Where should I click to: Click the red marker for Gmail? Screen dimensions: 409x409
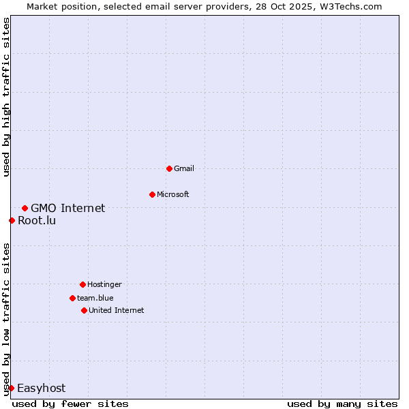click(169, 168)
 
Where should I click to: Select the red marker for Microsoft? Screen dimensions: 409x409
click(152, 194)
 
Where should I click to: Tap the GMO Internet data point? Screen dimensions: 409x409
click(25, 208)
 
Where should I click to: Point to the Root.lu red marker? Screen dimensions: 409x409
click(12, 220)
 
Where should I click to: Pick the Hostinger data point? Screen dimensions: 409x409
click(82, 284)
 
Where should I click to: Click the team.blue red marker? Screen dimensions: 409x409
click(72, 298)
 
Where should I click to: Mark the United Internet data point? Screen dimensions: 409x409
click(84, 310)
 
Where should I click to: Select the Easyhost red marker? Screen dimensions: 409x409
click(11, 388)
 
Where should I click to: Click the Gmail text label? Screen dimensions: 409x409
click(184, 168)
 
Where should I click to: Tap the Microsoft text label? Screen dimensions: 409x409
click(173, 194)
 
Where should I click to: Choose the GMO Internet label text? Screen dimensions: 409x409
click(68, 208)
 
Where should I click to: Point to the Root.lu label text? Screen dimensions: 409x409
click(37, 220)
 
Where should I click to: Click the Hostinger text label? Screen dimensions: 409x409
click(104, 284)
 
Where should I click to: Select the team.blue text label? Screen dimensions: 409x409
click(95, 298)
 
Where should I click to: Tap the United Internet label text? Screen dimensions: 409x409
click(117, 310)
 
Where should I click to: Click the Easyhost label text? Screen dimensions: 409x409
click(41, 388)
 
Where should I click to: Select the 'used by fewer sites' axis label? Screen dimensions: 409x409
click(70, 404)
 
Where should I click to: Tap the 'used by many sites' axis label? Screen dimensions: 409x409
click(342, 404)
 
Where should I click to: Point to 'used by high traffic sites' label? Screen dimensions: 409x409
click(6, 97)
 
